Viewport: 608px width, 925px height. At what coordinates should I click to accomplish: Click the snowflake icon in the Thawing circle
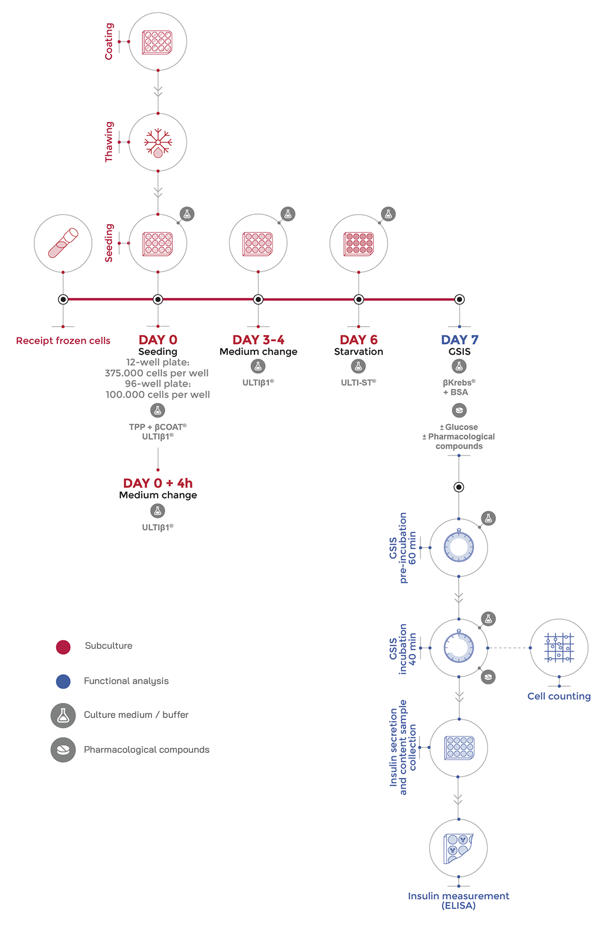(158, 142)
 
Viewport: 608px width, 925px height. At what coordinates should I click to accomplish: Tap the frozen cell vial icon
(63, 243)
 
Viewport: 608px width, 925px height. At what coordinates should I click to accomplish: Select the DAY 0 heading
(158, 340)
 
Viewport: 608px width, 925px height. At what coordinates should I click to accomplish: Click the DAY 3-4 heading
(258, 340)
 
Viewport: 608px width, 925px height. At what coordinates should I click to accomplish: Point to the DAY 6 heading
(359, 340)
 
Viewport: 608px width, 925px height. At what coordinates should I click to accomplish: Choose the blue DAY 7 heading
(459, 340)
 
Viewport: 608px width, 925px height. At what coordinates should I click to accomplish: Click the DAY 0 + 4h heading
(158, 483)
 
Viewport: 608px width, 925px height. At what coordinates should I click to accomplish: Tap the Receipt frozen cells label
(63, 341)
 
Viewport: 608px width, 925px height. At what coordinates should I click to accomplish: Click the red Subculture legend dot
(63, 647)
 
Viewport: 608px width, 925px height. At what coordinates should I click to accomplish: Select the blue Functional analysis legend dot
(63, 682)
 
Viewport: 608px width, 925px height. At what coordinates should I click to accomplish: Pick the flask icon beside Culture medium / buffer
(63, 715)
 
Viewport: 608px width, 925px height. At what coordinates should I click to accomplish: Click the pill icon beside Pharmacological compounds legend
(63, 750)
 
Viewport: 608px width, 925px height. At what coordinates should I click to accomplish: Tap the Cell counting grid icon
(559, 648)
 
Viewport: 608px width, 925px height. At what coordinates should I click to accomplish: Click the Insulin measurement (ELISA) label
(458, 900)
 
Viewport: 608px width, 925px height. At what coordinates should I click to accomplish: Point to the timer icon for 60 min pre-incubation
(459, 547)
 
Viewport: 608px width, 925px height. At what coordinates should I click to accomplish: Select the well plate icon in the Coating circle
(158, 42)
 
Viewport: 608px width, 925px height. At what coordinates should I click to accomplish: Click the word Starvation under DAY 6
(359, 352)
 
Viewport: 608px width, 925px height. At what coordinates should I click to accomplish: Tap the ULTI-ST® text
(359, 382)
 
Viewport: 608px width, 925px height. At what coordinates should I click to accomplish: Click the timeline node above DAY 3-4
(258, 299)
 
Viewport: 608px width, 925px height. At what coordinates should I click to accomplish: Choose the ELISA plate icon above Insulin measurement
(458, 848)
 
